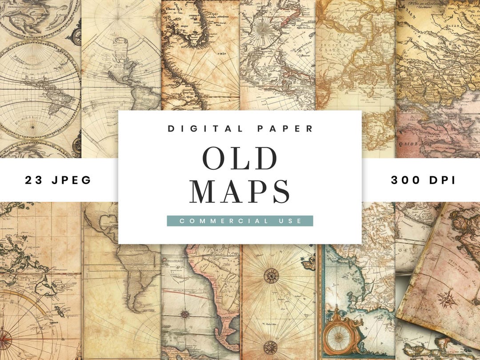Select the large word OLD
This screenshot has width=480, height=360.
240,158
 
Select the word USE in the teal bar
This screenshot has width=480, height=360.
289,221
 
